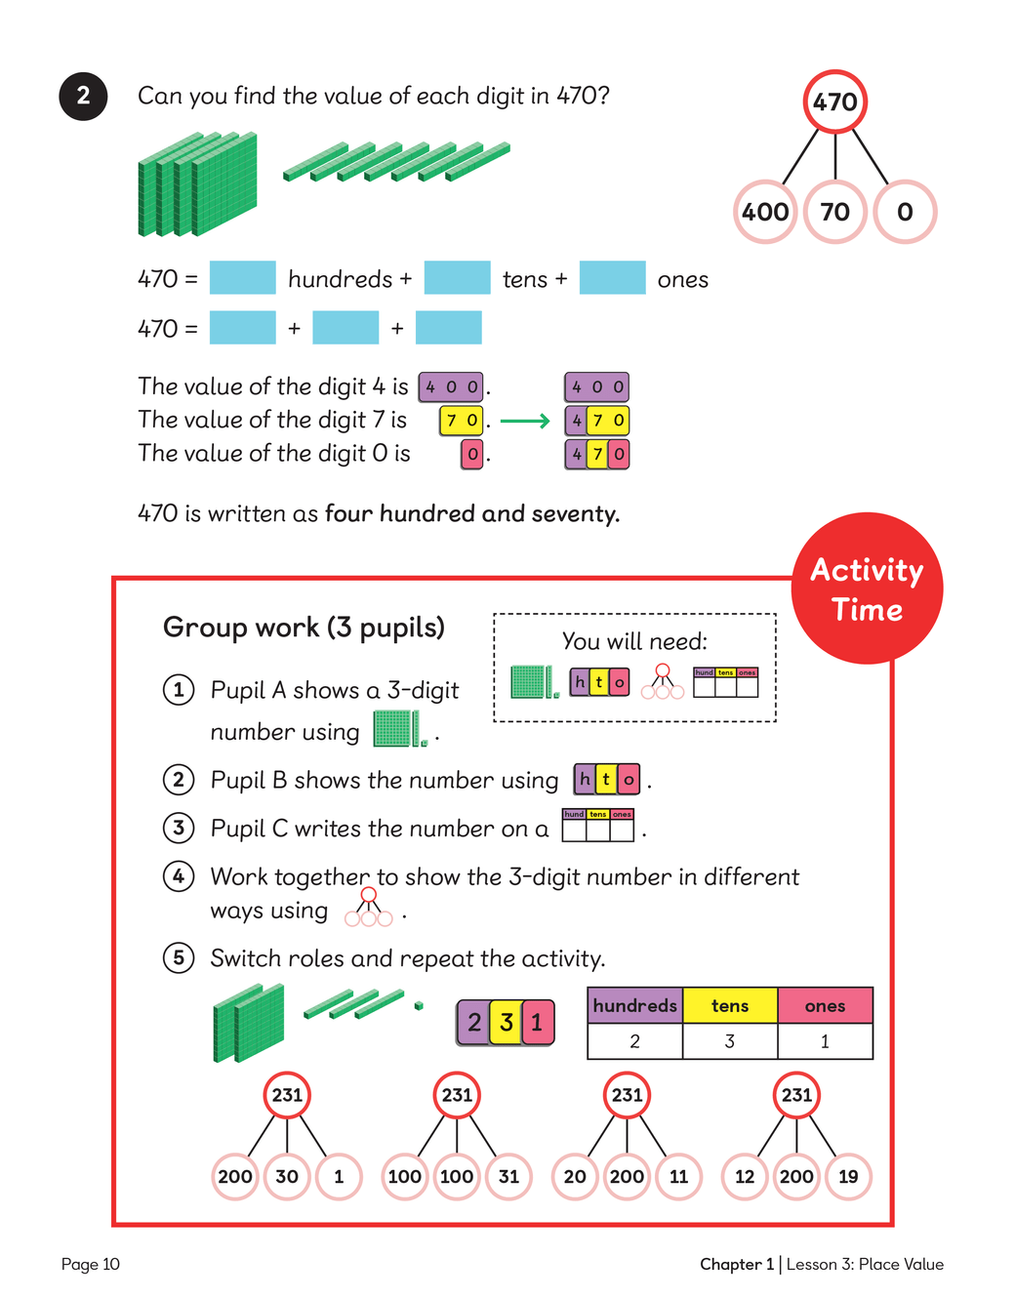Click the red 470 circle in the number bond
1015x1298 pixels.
pyautogui.click(x=835, y=101)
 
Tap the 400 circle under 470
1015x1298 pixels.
pyautogui.click(x=766, y=212)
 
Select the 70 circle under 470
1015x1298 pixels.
pyautogui.click(x=835, y=212)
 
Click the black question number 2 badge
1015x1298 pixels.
pyautogui.click(x=83, y=96)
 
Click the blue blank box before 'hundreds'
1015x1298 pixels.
pyautogui.click(x=243, y=278)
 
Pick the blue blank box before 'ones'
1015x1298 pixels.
pyautogui.click(x=612, y=278)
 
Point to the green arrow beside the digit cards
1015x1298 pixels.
pyautogui.click(x=525, y=422)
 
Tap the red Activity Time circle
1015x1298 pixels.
pyautogui.click(x=867, y=588)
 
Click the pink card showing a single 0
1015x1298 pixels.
pyautogui.click(x=472, y=454)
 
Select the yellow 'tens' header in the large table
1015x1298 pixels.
pyautogui.click(x=730, y=1006)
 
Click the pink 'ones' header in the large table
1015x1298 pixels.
pyautogui.click(x=825, y=1006)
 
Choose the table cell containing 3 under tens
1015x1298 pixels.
pyautogui.click(x=730, y=1041)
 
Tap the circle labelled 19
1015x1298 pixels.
pyautogui.click(x=848, y=1176)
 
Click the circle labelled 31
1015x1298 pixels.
pyautogui.click(x=508, y=1176)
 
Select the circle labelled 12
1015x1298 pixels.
pyautogui.click(x=745, y=1176)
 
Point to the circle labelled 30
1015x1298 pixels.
pyautogui.click(x=287, y=1176)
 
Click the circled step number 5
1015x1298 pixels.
pyautogui.click(x=178, y=957)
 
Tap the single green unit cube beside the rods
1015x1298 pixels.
pyautogui.click(x=419, y=1005)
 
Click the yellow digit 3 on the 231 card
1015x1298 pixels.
pyautogui.click(x=506, y=1023)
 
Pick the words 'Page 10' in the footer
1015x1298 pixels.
pyautogui.click(x=90, y=1265)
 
